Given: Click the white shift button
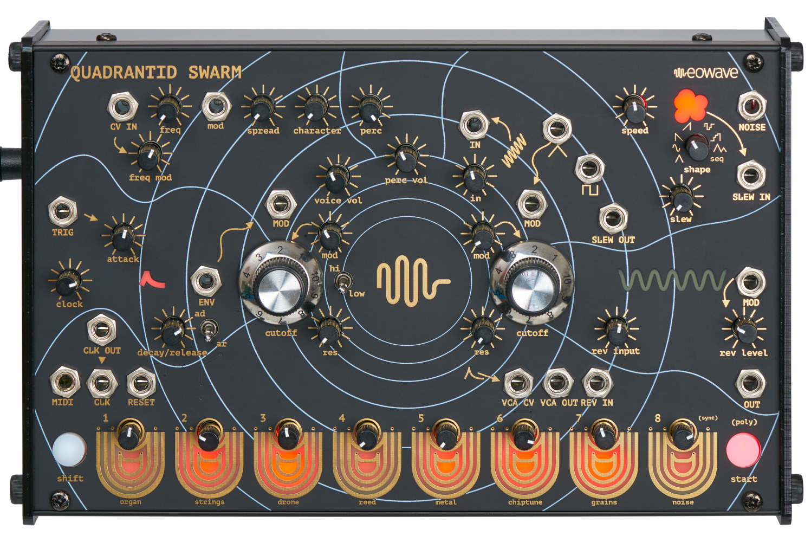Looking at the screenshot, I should tap(69, 449).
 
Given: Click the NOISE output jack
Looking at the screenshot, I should tap(752, 106).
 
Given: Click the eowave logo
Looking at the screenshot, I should tap(706, 72).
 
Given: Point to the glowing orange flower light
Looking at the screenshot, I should tap(691, 106).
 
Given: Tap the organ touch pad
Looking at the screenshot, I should tap(130, 469).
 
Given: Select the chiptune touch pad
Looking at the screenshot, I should tap(524, 469).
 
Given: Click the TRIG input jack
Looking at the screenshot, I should tap(62, 211).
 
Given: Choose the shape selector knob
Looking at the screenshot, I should tap(697, 147).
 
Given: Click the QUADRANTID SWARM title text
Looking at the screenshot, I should tap(156, 73).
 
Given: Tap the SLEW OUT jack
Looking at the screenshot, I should tap(613, 218).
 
